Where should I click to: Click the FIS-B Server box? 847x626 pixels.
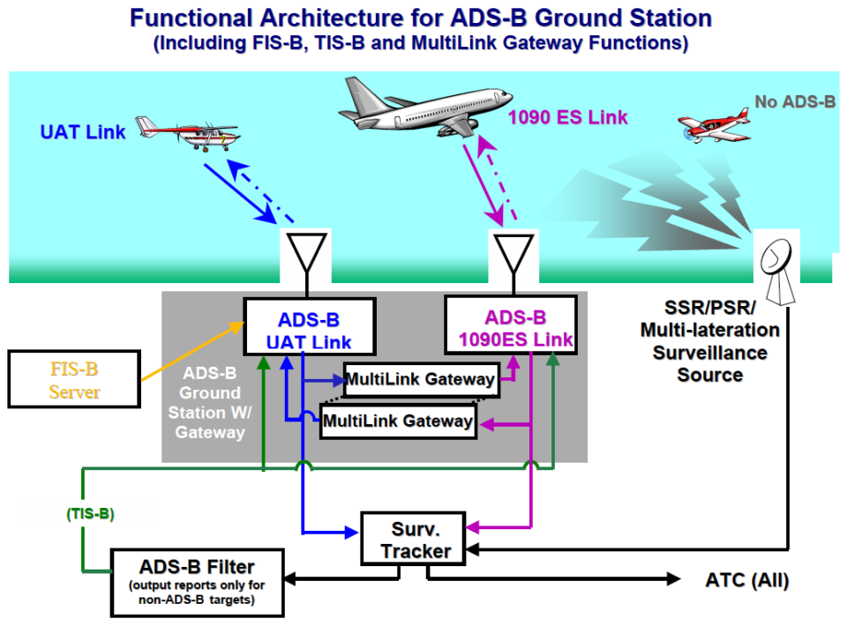tap(73, 379)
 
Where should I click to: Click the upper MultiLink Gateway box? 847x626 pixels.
tap(420, 380)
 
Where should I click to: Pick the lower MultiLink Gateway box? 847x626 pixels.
tap(398, 421)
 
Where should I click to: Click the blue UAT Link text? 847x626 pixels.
tap(83, 132)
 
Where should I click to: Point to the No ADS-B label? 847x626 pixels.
tap(794, 102)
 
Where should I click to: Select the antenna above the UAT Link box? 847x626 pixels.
tap(307, 254)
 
